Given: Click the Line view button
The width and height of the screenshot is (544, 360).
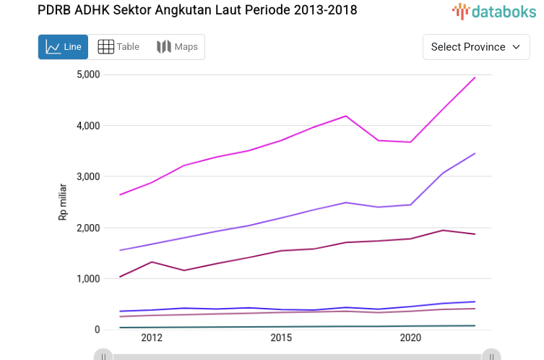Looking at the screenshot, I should (63, 47).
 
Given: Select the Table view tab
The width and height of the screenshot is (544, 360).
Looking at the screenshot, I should (118, 47).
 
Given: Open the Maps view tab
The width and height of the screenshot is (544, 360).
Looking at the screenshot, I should (177, 47).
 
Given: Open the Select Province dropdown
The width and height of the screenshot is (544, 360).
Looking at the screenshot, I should (475, 47).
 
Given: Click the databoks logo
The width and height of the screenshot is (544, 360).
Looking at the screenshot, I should (495, 11).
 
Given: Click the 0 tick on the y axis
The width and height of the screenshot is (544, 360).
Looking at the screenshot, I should (97, 330).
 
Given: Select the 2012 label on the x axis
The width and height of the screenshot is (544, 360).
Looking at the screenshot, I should (152, 338).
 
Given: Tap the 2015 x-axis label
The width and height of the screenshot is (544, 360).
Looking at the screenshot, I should (281, 338).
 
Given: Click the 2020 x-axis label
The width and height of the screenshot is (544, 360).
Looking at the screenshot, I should (410, 338).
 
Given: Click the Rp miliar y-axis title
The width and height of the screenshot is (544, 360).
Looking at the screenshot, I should (63, 202).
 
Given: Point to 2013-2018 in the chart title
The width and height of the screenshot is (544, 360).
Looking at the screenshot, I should (321, 10).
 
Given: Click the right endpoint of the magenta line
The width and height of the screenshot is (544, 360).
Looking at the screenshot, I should (475, 77).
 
